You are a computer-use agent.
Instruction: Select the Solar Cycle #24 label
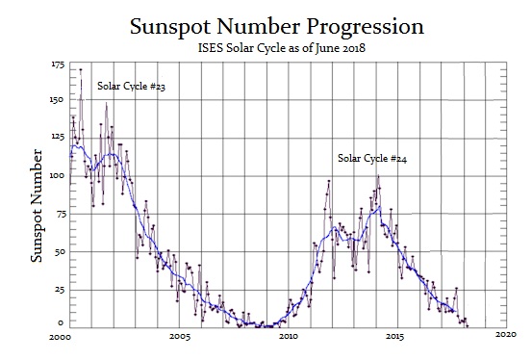[371, 157]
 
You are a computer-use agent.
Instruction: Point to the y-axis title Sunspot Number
[38, 205]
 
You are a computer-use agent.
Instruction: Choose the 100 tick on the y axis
[59, 175]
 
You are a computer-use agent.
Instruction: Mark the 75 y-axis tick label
[61, 214]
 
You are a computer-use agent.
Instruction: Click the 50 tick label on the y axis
[61, 251]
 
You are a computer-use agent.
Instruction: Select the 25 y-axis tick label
[61, 289]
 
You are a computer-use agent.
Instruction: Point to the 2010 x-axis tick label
[287, 337]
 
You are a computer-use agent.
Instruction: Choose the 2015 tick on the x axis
[395, 337]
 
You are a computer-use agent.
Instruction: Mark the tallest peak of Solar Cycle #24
[377, 173]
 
